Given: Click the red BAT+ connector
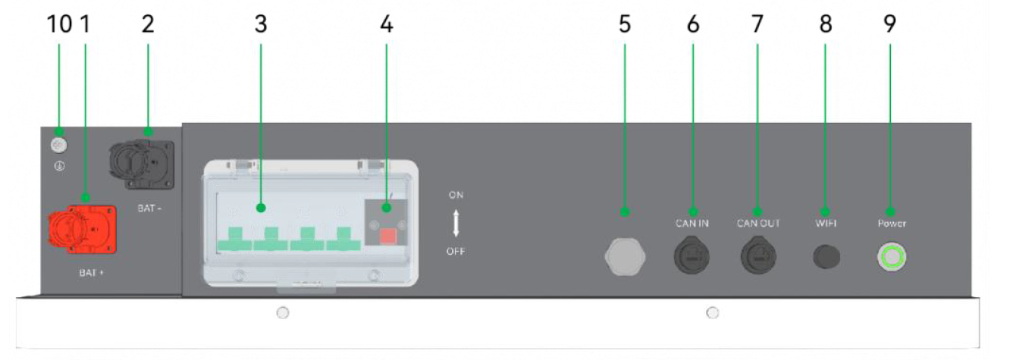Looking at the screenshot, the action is (x=83, y=229).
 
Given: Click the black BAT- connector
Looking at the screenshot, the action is (x=142, y=164).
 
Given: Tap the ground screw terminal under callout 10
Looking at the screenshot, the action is (x=58, y=146).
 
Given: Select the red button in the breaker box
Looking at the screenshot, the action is (x=388, y=236).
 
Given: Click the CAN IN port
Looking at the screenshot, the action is (x=691, y=256).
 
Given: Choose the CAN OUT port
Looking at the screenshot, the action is (x=758, y=256).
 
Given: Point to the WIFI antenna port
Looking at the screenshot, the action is (x=826, y=257).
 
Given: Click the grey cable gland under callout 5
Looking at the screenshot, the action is (x=625, y=256).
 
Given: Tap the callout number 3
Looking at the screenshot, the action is (x=261, y=23).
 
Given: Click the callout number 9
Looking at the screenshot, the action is (x=890, y=23).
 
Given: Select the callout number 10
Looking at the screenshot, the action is (x=60, y=23).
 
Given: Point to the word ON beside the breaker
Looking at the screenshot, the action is (x=456, y=195).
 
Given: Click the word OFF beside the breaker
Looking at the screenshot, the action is (x=456, y=252).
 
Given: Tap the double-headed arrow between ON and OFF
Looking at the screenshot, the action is (x=456, y=223).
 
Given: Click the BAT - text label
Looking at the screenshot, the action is (x=149, y=208).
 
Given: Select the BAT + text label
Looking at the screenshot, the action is (x=91, y=273).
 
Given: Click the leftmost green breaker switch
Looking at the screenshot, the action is (x=235, y=239).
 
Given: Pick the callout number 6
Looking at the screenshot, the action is (x=693, y=23).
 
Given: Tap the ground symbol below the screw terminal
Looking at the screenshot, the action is (x=59, y=167).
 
